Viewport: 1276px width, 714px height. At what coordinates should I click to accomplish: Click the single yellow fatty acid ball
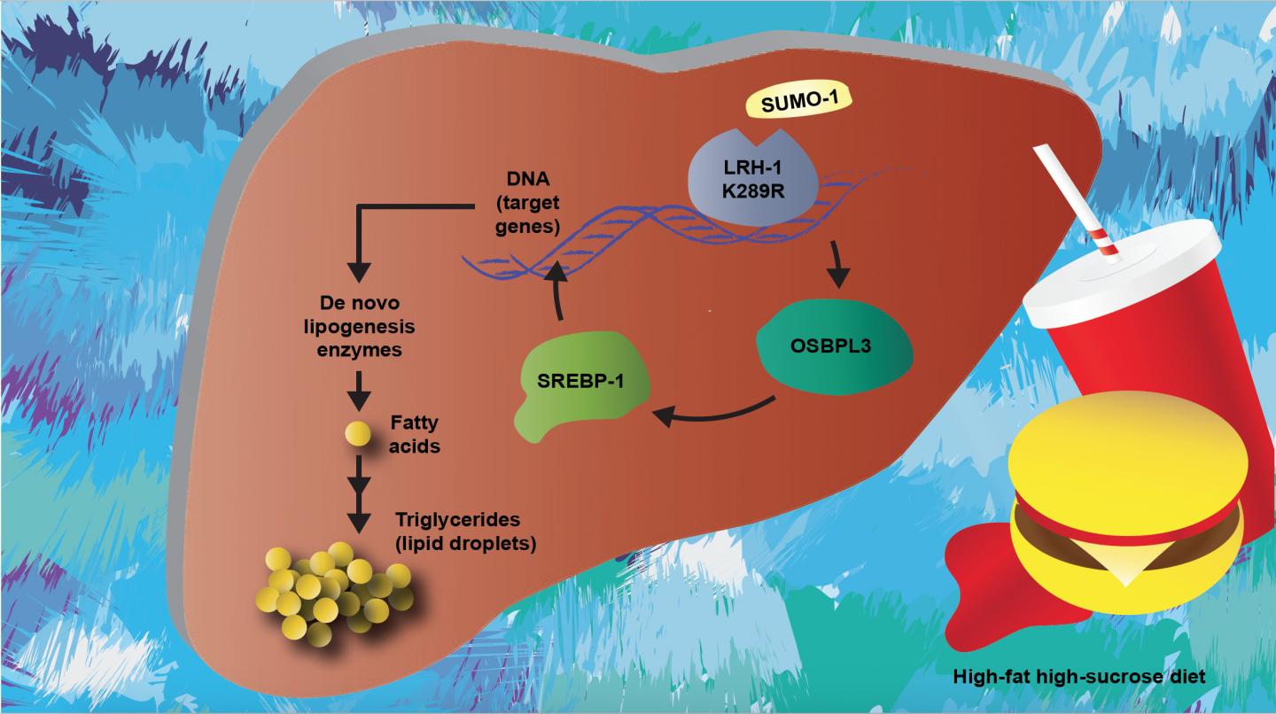pyautogui.click(x=358, y=434)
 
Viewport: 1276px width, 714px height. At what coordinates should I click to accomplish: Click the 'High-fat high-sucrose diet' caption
pyautogui.click(x=1078, y=676)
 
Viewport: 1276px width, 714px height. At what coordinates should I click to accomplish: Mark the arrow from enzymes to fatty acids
pyautogui.click(x=358, y=388)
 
